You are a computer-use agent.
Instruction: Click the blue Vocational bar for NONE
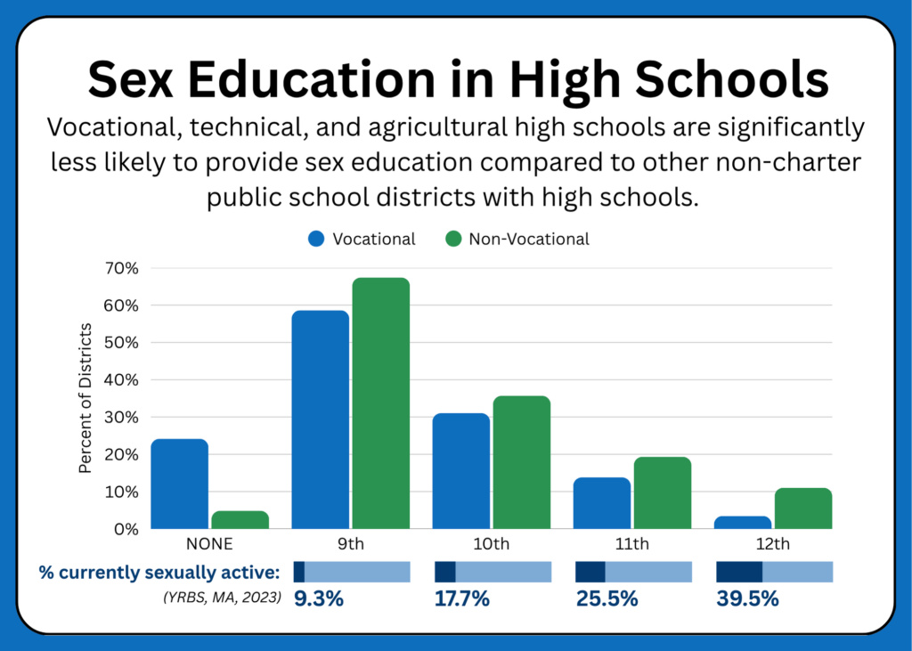tap(180, 484)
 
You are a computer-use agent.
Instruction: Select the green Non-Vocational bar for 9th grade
tap(381, 403)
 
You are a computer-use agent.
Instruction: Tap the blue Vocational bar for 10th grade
tap(461, 470)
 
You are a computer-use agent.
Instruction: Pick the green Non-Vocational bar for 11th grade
tap(663, 492)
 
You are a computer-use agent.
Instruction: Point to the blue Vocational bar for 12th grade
tap(743, 523)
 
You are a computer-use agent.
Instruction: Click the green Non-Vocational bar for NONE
tap(240, 519)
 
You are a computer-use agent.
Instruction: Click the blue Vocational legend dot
tap(316, 239)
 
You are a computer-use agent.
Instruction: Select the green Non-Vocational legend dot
tap(453, 239)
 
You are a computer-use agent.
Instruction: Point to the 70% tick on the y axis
tap(121, 268)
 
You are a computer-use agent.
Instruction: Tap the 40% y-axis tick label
tap(121, 380)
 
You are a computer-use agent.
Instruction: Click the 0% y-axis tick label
tap(126, 529)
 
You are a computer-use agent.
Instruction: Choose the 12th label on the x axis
tap(773, 543)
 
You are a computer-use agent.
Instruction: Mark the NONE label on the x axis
tap(209, 543)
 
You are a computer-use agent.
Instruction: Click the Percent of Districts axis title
tap(85, 398)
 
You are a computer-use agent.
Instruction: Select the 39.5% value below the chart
tap(747, 598)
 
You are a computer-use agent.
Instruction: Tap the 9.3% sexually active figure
tap(319, 598)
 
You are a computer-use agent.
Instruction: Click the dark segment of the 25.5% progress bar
tap(590, 572)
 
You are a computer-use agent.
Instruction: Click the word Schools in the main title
tap(732, 79)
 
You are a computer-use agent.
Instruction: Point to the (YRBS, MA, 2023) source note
tap(222, 597)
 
